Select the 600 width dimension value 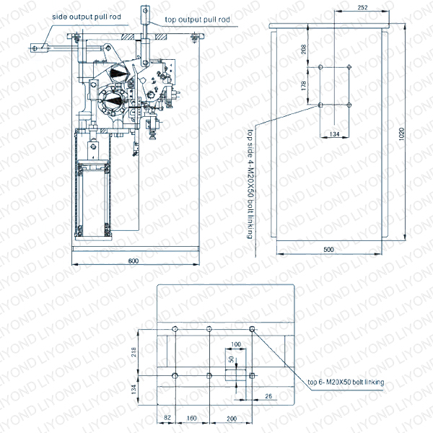click(134, 261)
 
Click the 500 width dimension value click(330, 250)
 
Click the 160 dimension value click(192, 417)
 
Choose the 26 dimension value click(268, 395)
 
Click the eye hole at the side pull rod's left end click(35, 48)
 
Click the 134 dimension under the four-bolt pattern click(333, 134)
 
